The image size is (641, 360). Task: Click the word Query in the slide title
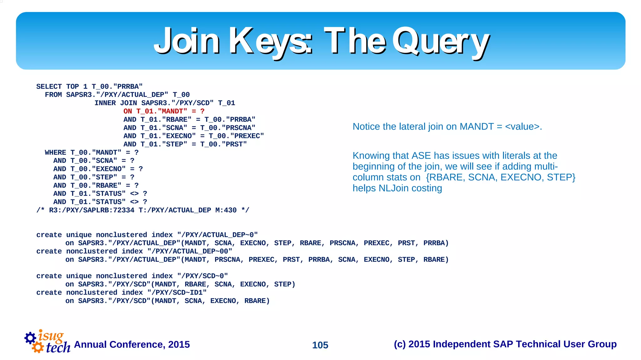(441, 42)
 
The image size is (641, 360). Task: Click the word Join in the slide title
(187, 42)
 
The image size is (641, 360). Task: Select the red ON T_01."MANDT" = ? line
(164, 111)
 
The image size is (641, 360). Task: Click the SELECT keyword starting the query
(49, 86)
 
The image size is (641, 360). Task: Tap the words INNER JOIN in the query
(115, 103)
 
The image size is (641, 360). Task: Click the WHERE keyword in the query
(55, 152)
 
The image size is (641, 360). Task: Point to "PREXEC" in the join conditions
(247, 136)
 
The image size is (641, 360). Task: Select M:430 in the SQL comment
(226, 210)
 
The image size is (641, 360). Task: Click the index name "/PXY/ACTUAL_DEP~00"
(190, 251)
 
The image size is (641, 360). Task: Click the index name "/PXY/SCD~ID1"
(177, 292)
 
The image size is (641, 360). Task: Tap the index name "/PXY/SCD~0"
(202, 276)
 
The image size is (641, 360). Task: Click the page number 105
(320, 345)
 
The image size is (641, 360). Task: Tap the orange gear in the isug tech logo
(38, 347)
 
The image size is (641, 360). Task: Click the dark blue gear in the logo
(30, 338)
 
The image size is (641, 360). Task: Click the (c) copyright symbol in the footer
(400, 344)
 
